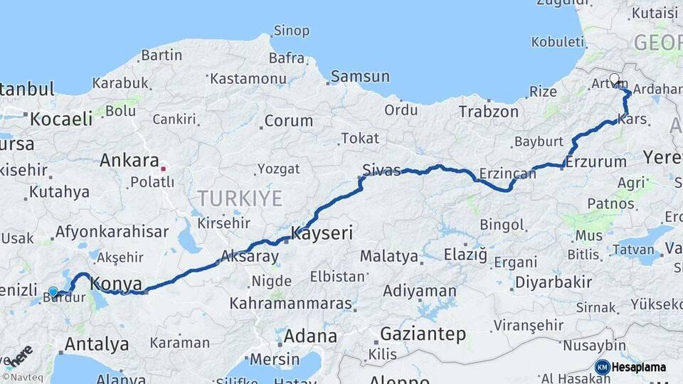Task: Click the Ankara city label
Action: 129,160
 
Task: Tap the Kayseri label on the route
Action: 322,233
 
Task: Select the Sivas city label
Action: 381,170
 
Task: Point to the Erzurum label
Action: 597,162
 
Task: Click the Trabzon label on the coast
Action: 488,112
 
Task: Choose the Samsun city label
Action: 360,76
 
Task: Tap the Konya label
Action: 117,283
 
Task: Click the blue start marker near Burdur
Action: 53,292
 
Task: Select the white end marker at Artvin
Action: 614,79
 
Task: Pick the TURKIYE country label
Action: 239,198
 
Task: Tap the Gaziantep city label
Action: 423,334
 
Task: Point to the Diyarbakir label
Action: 553,282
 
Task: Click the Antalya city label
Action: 97,345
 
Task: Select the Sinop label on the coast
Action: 292,31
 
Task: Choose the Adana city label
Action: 310,336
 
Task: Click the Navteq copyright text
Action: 19,376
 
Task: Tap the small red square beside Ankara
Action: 164,169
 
